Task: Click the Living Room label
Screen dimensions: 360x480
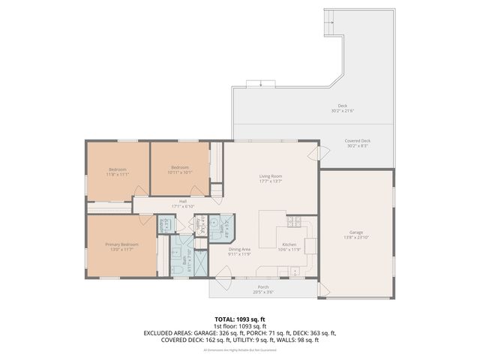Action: (270, 175)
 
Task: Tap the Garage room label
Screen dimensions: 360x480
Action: (356, 232)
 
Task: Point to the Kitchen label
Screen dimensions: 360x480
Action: (289, 245)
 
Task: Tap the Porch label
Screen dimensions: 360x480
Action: (263, 286)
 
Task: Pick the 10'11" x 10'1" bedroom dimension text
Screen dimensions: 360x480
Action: (181, 172)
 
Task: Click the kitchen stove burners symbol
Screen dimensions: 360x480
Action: (294, 222)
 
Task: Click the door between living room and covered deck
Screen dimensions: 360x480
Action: (323, 153)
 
